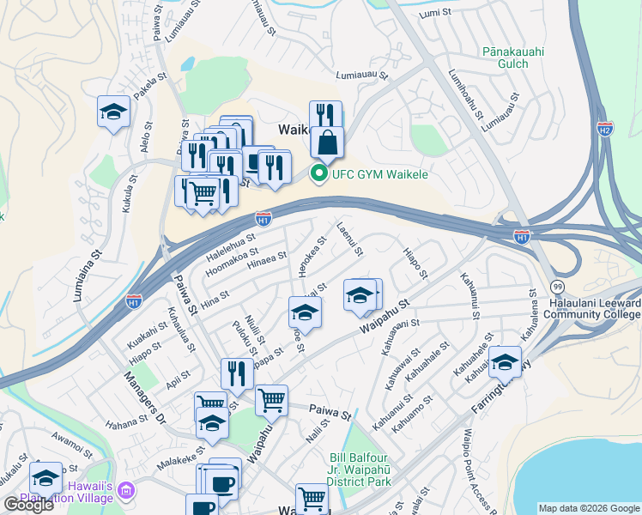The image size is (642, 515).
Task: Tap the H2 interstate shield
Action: click(605, 129)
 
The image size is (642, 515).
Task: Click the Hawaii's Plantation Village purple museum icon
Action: click(127, 491)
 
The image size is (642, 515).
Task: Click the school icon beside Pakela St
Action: click(113, 112)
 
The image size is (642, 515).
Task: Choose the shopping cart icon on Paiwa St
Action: click(271, 398)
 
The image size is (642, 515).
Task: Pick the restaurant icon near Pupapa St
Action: click(237, 373)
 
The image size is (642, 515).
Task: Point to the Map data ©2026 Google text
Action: click(588, 508)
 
